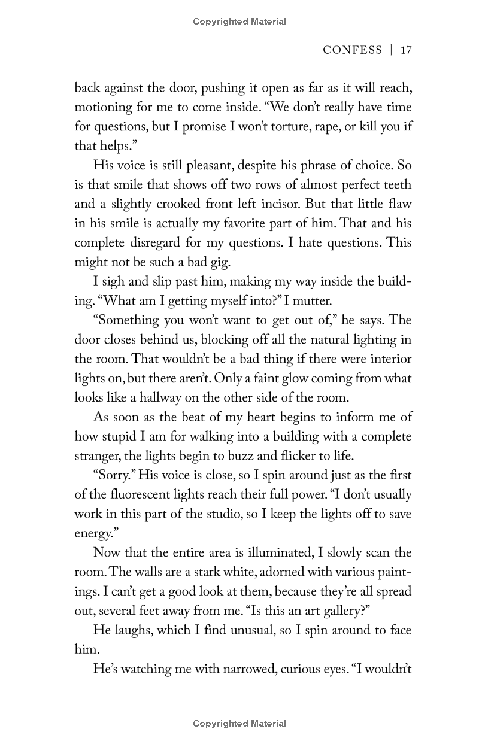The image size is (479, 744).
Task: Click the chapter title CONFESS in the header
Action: click(352, 50)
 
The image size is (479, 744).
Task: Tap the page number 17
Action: click(406, 50)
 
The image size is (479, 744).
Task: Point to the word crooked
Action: click(178, 205)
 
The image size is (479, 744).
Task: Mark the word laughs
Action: click(134, 630)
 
